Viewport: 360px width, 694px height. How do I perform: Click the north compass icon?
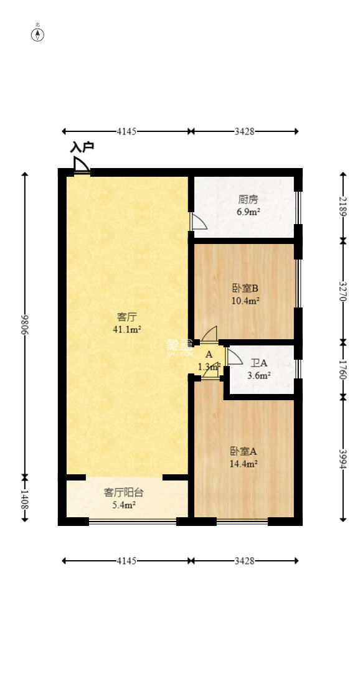pyautogui.click(x=38, y=34)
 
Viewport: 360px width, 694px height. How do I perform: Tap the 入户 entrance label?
pyautogui.click(x=82, y=148)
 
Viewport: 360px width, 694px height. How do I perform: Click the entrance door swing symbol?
pyautogui.click(x=81, y=165)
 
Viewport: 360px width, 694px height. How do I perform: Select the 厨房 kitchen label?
pyautogui.click(x=248, y=200)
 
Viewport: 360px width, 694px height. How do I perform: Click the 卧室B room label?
pyautogui.click(x=245, y=288)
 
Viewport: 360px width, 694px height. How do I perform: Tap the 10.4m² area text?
pyautogui.click(x=245, y=300)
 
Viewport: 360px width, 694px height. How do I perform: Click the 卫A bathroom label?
pyautogui.click(x=259, y=363)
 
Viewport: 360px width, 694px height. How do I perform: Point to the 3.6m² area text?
pyautogui.click(x=259, y=375)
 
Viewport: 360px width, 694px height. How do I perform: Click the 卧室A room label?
pyautogui.click(x=244, y=451)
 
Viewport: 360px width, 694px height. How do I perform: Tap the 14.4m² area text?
pyautogui.click(x=244, y=464)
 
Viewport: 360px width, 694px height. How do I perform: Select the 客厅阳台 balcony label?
pyautogui.click(x=123, y=492)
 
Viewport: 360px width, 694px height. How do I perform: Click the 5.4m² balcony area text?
pyautogui.click(x=123, y=505)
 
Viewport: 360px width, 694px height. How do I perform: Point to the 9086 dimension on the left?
pyautogui.click(x=26, y=324)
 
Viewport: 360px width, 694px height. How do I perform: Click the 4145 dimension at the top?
pyautogui.click(x=126, y=131)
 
